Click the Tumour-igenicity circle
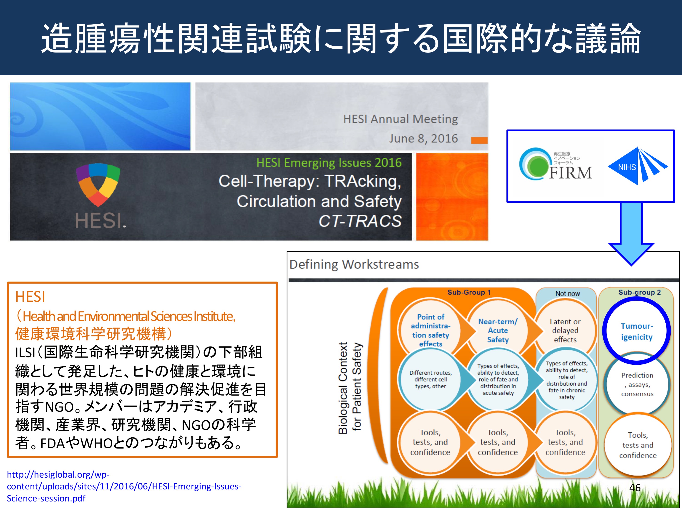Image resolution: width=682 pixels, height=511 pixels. pyautogui.click(x=637, y=331)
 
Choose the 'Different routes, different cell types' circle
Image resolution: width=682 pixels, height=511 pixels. pyautogui.click(x=430, y=379)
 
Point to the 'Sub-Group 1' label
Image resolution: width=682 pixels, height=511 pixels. pyautogui.click(x=469, y=292)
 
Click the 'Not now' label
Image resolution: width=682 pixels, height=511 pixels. pyautogui.click(x=567, y=294)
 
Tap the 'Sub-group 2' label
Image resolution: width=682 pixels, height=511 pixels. pyautogui.click(x=639, y=292)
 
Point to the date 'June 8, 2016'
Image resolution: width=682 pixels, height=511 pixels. pyautogui.click(x=423, y=139)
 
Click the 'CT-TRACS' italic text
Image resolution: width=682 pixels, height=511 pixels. pyautogui.click(x=360, y=221)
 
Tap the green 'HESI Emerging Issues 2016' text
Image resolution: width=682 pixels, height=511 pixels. pyautogui.click(x=329, y=163)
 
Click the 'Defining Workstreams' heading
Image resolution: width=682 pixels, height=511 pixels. pyautogui.click(x=354, y=264)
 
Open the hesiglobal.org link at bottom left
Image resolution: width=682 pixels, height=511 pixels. pyautogui.click(x=124, y=486)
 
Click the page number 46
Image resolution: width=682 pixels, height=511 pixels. pyautogui.click(x=635, y=488)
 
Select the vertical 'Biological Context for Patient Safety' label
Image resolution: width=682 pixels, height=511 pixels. pyautogui.click(x=350, y=388)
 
